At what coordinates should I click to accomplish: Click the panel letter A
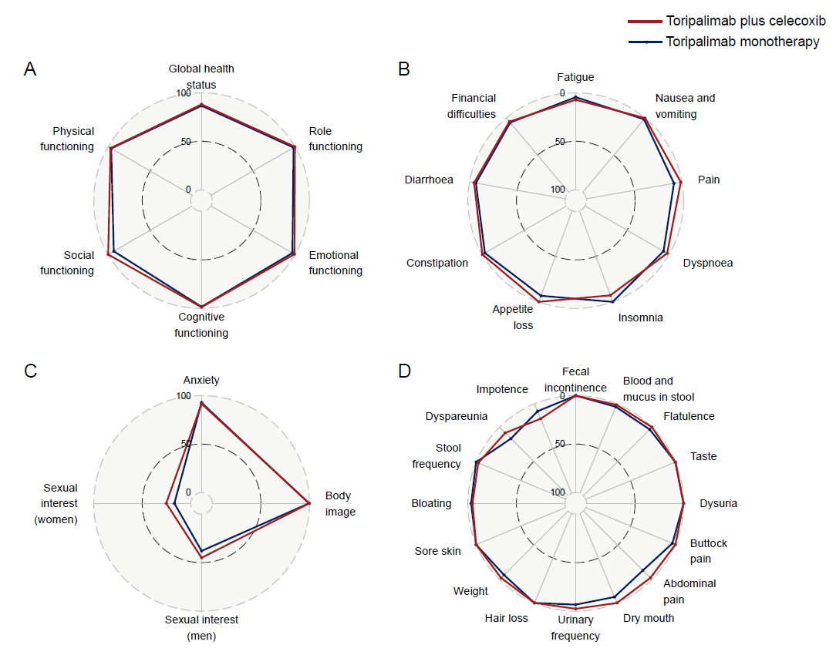[x=30, y=69]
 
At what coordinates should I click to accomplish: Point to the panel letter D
[x=404, y=371]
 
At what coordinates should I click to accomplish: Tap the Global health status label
[x=201, y=76]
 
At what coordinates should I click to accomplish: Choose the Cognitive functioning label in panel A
[x=201, y=324]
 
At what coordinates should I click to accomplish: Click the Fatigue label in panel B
[x=576, y=77]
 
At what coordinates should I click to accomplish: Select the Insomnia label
[x=640, y=317]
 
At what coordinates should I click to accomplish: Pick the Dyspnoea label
[x=708, y=263]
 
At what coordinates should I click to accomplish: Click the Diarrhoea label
[x=429, y=180]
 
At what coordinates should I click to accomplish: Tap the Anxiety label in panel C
[x=201, y=380]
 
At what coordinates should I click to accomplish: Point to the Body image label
[x=340, y=504]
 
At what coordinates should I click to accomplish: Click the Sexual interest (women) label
[x=60, y=504]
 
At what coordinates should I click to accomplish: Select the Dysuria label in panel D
[x=718, y=504]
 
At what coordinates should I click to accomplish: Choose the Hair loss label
[x=507, y=618]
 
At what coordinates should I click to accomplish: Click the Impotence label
[x=502, y=389]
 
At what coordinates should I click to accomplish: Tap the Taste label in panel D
[x=703, y=456]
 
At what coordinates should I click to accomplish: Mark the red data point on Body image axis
[x=308, y=503]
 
